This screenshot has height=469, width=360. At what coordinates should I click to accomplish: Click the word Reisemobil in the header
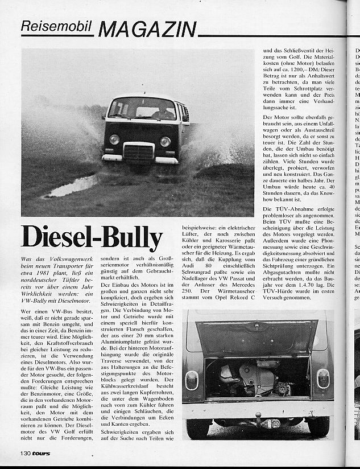tap(57, 26)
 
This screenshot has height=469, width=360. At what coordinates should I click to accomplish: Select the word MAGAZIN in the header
tap(147, 28)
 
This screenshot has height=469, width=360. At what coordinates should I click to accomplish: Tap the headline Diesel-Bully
tap(92, 238)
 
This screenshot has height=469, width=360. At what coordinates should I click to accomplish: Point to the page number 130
tap(23, 453)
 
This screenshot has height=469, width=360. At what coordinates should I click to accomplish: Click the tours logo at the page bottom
tap(41, 454)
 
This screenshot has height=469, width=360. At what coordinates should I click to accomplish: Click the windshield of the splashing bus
tap(142, 109)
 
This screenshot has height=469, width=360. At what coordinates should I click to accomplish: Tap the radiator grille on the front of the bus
tap(139, 152)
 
